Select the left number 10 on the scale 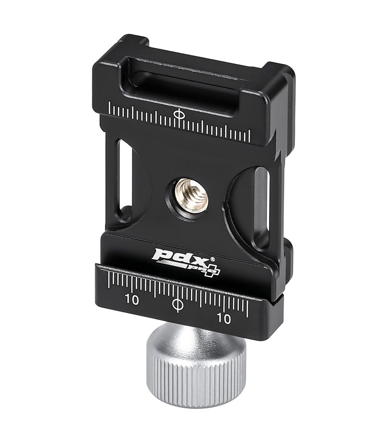point(132,300)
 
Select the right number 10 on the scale point(224,319)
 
